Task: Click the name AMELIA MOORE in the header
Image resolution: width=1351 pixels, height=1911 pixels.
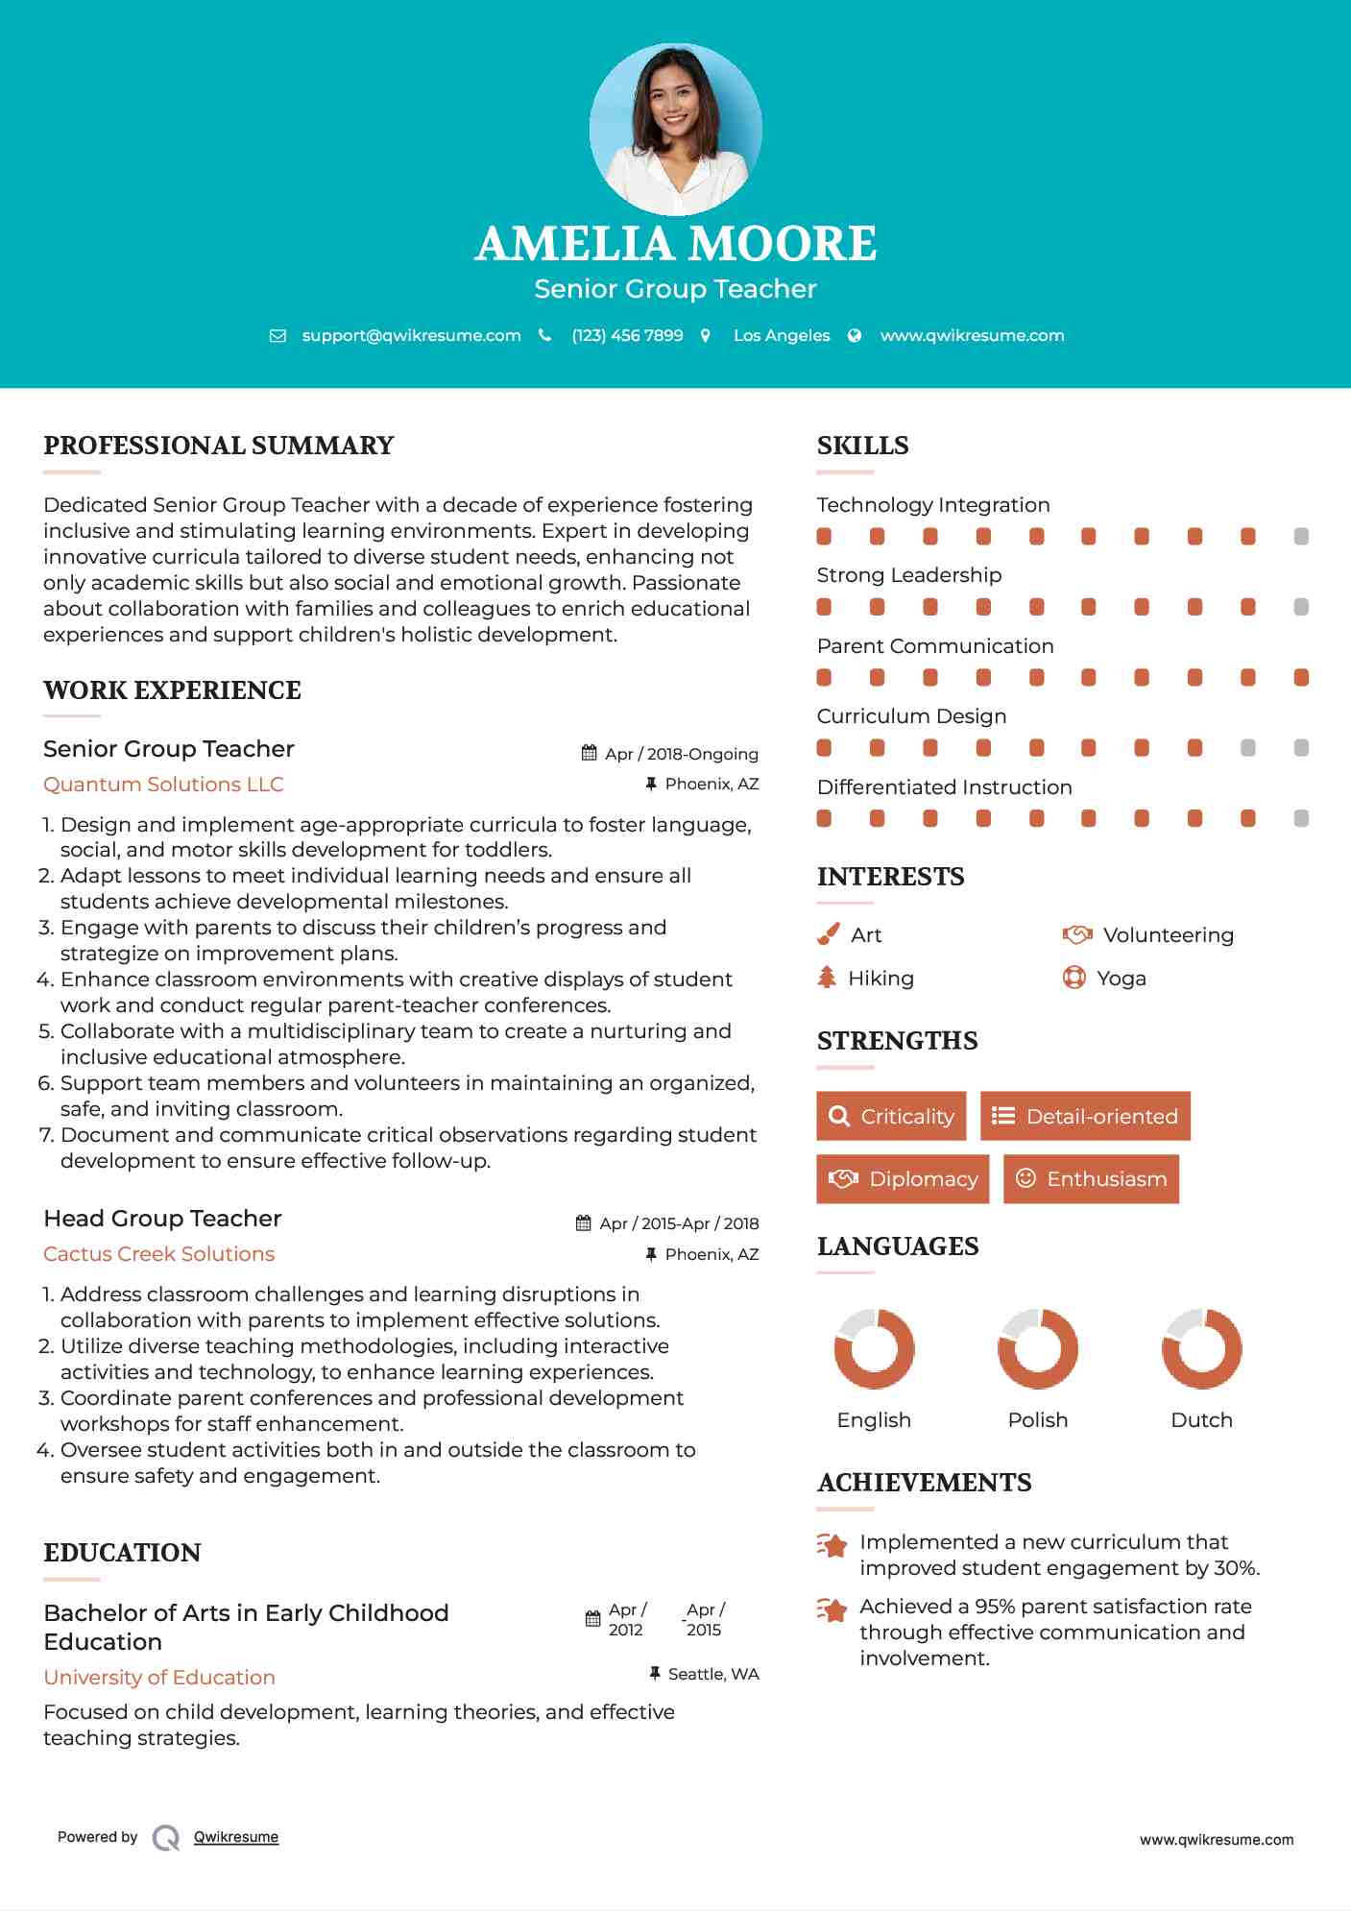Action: tap(675, 244)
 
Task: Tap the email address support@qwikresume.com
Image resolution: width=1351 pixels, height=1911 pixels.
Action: tap(411, 335)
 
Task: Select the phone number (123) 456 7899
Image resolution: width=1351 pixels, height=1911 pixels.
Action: tap(627, 335)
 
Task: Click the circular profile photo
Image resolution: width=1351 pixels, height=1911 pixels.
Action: tap(675, 129)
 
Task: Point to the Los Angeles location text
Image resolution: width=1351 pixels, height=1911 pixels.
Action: tap(782, 335)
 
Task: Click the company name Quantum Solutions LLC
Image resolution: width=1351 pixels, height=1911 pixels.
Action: tap(163, 785)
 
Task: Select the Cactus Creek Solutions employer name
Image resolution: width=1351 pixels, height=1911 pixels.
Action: tap(158, 1254)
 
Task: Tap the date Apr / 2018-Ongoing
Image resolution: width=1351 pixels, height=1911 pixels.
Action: tap(681, 754)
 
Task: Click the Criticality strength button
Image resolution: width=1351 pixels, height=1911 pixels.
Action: tap(891, 1116)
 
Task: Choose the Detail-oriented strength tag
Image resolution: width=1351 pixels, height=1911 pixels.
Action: tap(1085, 1116)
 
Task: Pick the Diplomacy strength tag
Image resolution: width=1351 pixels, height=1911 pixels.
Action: tap(903, 1179)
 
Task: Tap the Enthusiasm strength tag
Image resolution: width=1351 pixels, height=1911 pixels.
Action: tap(1091, 1179)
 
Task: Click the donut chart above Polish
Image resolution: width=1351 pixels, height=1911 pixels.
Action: tap(1038, 1348)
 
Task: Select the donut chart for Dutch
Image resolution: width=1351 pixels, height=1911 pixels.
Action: tap(1201, 1348)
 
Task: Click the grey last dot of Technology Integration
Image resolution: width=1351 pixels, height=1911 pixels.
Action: tap(1301, 537)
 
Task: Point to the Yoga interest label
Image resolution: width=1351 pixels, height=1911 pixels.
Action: tap(1121, 979)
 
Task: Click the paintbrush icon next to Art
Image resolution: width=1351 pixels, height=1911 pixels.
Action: tap(828, 934)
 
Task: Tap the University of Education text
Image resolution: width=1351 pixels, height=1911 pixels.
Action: tap(159, 1678)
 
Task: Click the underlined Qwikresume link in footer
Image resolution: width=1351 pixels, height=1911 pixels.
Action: tap(236, 1837)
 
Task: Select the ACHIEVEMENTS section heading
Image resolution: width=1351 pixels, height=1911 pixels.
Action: tap(924, 1483)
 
